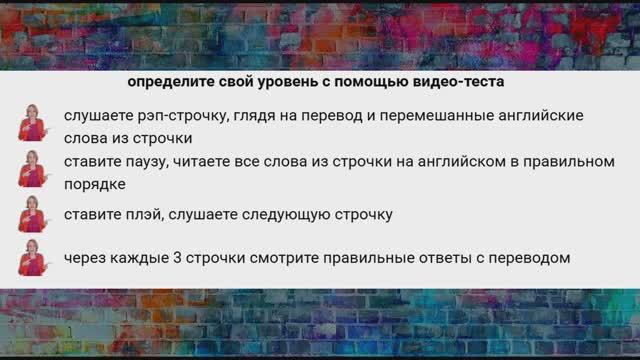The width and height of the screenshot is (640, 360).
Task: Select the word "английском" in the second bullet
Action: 470,161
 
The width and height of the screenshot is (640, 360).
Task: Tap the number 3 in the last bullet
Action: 179,258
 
